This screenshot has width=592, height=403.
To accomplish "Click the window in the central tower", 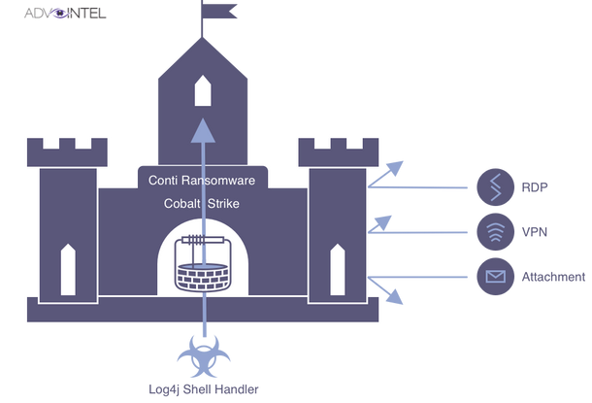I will pos(203,91).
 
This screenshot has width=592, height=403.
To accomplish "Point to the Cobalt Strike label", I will pos(202,205).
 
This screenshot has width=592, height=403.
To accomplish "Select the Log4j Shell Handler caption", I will pos(204,390).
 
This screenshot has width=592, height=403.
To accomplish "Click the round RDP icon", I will pos(496,185).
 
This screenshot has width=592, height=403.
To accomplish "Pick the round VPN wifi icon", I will pos(496,232).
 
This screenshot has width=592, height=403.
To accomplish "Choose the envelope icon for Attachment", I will pos(496,278).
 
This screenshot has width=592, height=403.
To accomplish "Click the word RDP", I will pos(536,186).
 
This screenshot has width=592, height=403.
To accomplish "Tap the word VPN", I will pos(535,232).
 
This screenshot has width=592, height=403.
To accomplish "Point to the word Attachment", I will pos(554,278).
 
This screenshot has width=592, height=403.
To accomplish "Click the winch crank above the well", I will pos(202,237).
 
